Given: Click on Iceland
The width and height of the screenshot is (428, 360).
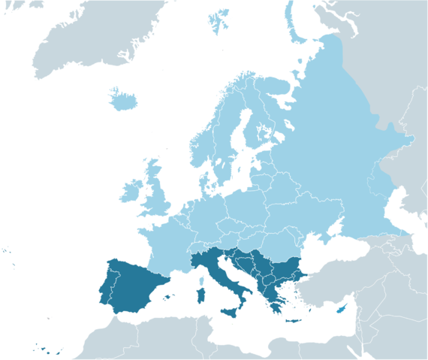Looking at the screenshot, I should click(125, 98).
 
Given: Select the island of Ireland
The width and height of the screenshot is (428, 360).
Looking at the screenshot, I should click(130, 189).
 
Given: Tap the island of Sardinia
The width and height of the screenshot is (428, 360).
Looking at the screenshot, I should click(200, 291).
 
